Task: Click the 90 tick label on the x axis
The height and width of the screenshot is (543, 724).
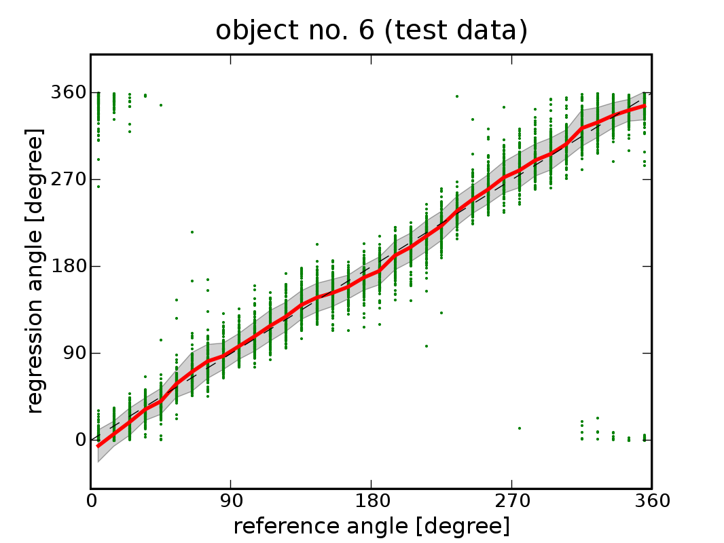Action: [231, 502]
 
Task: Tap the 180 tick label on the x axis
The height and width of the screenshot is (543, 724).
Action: [372, 502]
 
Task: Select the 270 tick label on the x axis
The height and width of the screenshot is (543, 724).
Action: [511, 502]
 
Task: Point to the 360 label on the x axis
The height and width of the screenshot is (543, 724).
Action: [651, 502]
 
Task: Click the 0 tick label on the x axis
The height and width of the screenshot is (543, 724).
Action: [91, 502]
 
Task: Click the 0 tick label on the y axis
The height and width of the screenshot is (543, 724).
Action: [79, 440]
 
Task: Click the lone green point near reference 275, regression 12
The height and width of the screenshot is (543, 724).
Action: [520, 428]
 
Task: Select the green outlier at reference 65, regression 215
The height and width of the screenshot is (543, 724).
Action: [192, 232]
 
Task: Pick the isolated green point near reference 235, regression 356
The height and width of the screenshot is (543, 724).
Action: [457, 96]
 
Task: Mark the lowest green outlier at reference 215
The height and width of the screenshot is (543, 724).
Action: [426, 345]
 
